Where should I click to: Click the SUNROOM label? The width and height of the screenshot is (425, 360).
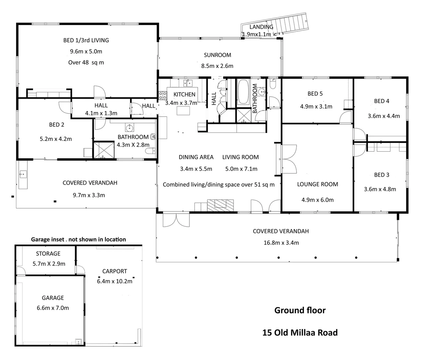217,55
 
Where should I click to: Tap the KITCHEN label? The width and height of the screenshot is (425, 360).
184,95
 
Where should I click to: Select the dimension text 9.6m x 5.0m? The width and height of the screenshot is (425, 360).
86,51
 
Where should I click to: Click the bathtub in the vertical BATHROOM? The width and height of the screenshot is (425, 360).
243,92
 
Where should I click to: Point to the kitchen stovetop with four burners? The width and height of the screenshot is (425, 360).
163,95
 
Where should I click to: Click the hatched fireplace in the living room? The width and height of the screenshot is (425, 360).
220,205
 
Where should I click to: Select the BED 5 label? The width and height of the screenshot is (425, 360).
315,94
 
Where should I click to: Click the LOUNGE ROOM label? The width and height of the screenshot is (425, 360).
318,184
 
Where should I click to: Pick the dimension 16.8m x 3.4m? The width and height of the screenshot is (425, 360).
281,243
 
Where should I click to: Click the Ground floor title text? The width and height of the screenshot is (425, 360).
300,310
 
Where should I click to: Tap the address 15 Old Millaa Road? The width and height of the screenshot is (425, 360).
300,333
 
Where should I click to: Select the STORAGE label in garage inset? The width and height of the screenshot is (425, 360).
48,254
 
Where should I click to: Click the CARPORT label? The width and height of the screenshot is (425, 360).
114,271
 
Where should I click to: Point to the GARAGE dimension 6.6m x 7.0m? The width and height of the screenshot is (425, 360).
53,308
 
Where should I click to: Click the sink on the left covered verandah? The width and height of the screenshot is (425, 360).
23,175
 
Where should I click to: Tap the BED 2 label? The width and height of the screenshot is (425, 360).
56,125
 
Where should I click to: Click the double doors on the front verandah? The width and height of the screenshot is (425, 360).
176,220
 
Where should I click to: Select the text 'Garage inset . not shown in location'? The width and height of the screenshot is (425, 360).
78,240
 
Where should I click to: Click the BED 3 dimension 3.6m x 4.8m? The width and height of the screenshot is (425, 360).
380,189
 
